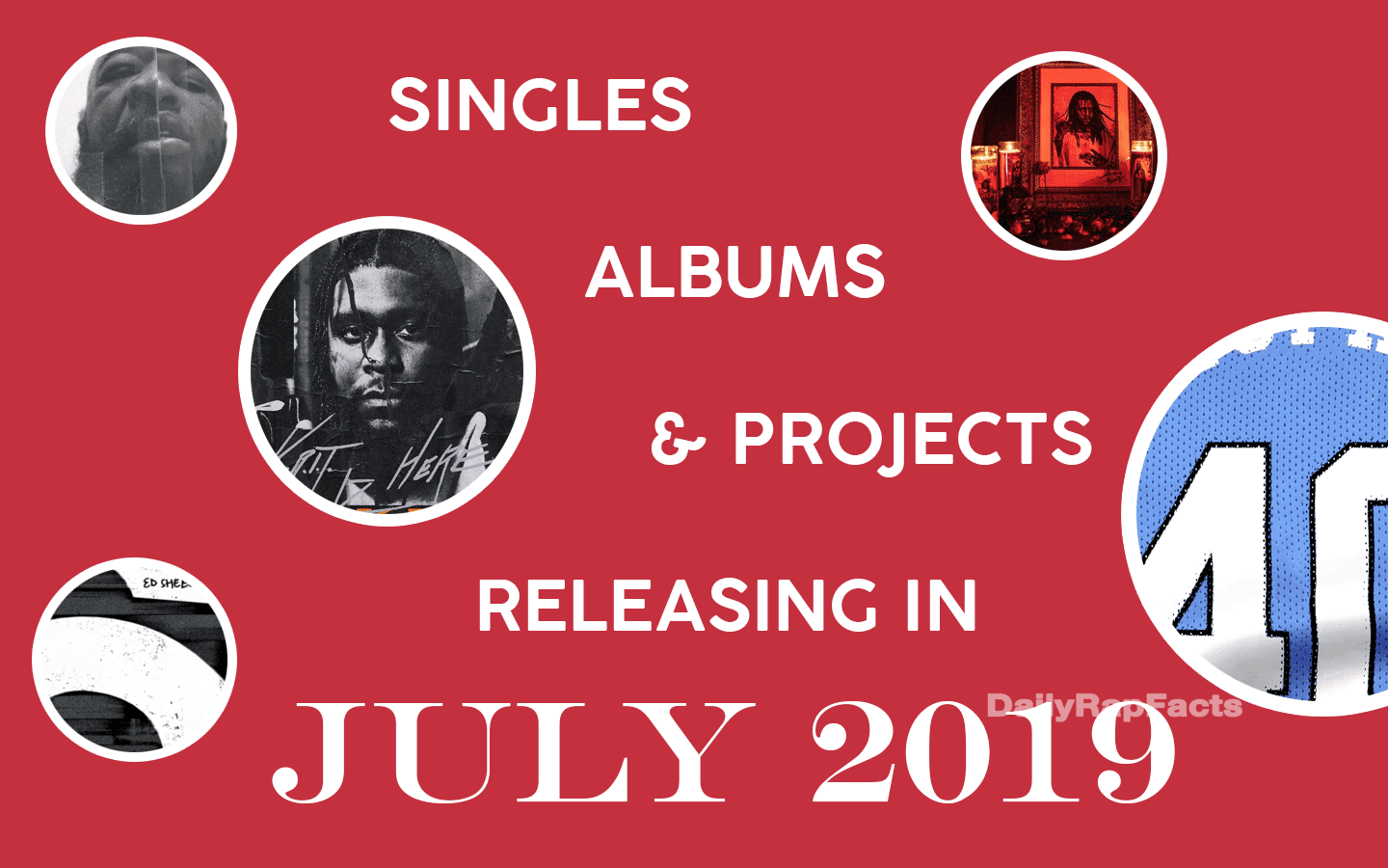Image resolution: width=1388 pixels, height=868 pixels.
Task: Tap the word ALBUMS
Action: click(734, 272)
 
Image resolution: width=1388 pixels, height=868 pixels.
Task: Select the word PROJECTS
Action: click(912, 439)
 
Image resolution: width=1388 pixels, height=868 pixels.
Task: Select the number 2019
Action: click(993, 752)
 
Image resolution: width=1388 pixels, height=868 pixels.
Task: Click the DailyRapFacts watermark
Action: click(1114, 706)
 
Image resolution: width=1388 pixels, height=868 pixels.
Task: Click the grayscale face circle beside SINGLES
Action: click(141, 130)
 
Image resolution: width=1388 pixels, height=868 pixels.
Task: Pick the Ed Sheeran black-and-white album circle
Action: click(135, 660)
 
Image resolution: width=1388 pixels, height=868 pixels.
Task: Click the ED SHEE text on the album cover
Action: click(166, 583)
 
